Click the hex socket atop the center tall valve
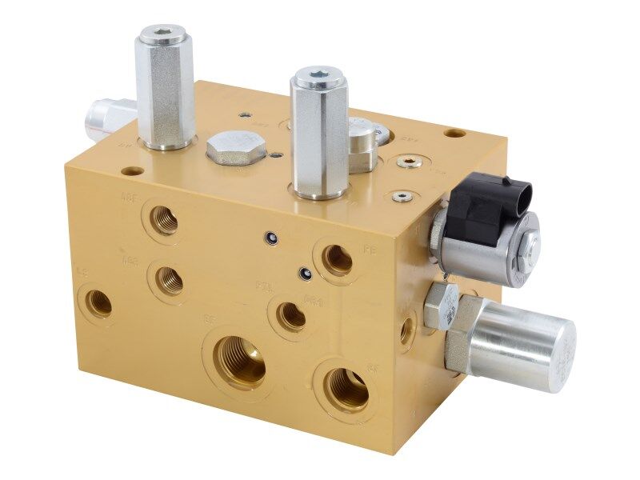coord(318,78)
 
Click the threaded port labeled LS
coord(99,304)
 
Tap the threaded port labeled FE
coord(337,259)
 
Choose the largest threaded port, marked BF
coord(239,361)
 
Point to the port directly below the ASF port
coord(169,280)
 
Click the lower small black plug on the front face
coord(304,274)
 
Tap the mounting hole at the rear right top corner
coord(454,133)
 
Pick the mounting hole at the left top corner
coord(130,170)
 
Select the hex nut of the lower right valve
coord(443,306)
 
